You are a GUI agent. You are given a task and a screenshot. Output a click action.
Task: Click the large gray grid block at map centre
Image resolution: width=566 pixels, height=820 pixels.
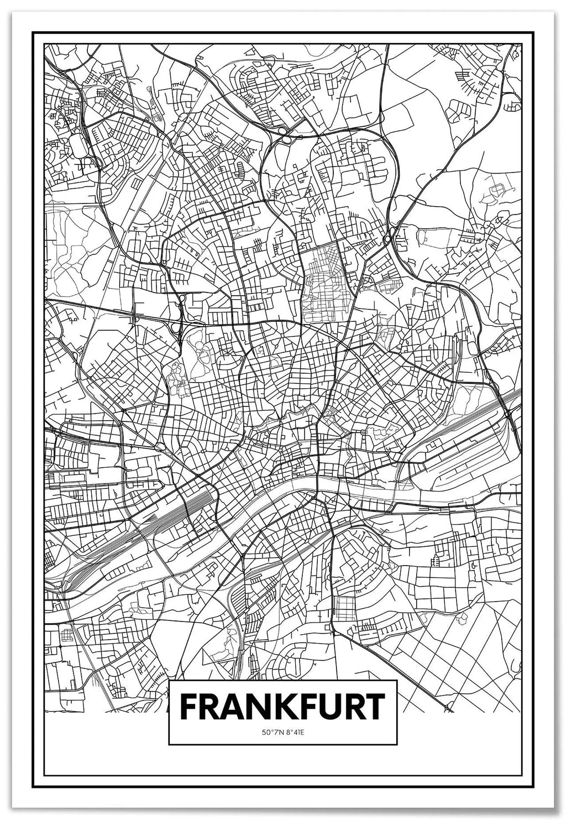(x=328, y=282)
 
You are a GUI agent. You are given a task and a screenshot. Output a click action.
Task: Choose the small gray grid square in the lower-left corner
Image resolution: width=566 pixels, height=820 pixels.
(x=67, y=634)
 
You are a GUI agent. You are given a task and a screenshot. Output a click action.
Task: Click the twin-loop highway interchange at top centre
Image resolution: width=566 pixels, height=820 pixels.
(x=285, y=134)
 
